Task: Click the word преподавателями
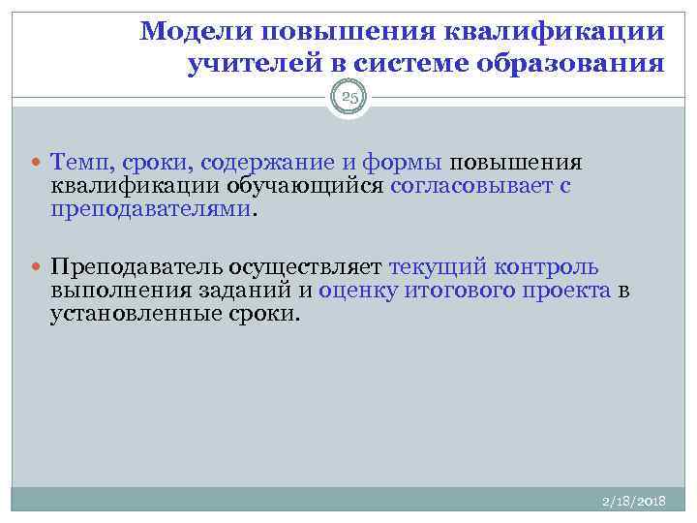click(x=151, y=209)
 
